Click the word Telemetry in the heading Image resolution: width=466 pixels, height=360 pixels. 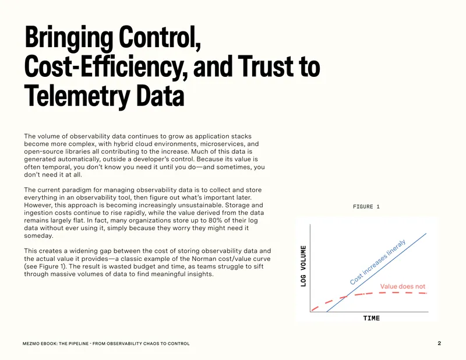[x=77, y=96]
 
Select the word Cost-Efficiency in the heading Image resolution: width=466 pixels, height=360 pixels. [x=106, y=67]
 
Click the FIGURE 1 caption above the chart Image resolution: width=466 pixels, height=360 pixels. [x=366, y=207]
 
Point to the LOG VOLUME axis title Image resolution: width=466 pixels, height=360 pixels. [x=303, y=266]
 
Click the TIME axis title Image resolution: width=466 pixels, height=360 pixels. [x=372, y=319]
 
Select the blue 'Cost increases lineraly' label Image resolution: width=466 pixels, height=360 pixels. [x=377, y=262]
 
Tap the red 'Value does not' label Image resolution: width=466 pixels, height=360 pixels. [x=403, y=287]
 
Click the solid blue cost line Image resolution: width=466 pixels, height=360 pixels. [x=376, y=273]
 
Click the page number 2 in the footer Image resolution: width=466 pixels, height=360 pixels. [x=439, y=343]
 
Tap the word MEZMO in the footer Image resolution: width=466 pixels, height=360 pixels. [x=29, y=344]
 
